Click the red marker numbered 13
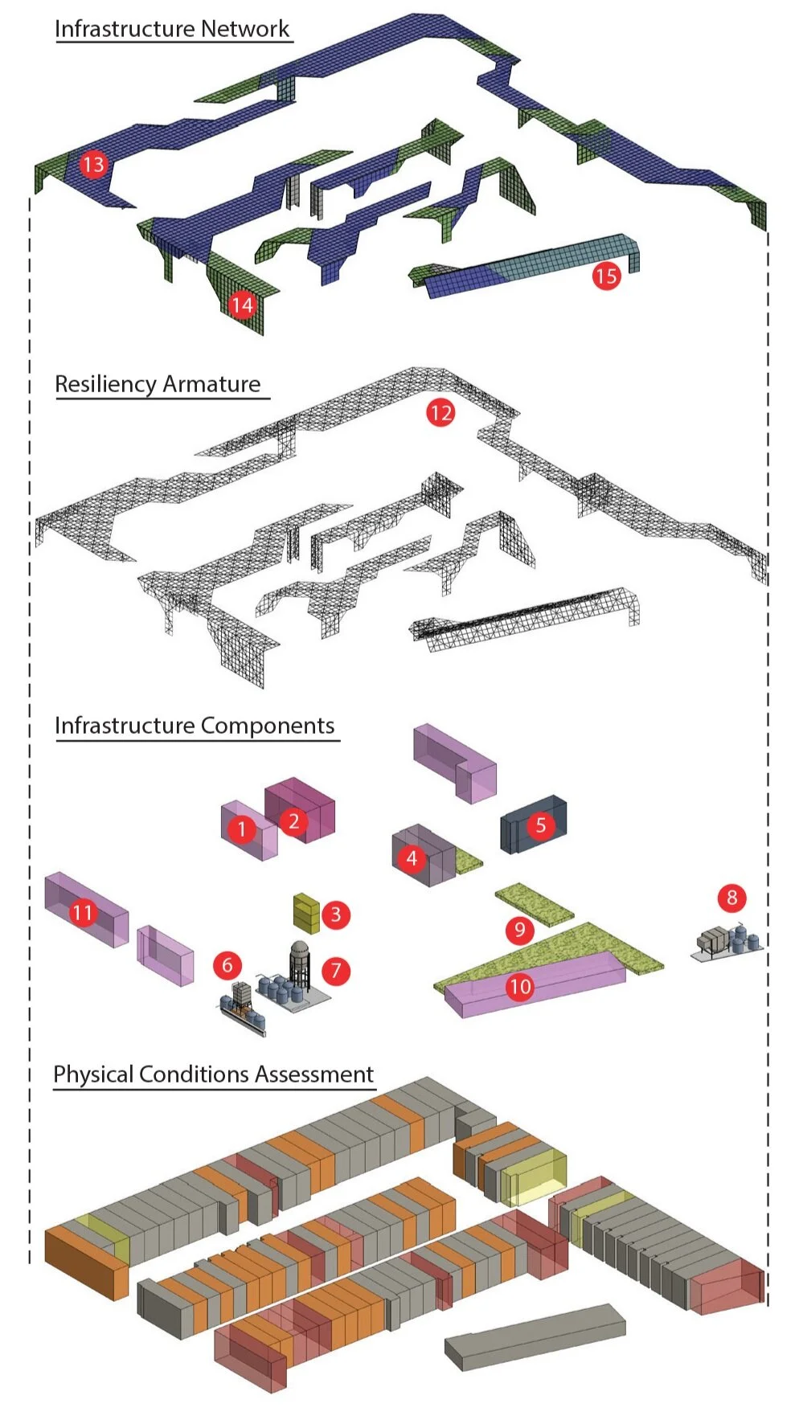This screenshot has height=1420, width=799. [93, 165]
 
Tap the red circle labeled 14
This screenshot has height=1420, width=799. [242, 305]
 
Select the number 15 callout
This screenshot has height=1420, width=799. [606, 276]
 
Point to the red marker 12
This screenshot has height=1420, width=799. [440, 413]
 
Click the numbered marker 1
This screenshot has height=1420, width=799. [242, 829]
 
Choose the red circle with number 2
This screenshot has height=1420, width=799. [294, 821]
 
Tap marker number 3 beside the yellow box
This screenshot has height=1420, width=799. [336, 914]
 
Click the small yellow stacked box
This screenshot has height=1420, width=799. [306, 913]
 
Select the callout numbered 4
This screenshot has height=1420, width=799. [412, 858]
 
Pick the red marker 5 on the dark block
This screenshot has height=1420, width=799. [541, 825]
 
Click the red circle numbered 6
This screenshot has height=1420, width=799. [227, 965]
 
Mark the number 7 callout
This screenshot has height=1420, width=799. [336, 970]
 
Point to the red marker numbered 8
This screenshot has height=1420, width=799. [731, 898]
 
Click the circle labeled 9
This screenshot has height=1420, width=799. [520, 931]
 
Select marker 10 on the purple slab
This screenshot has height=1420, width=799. [520, 986]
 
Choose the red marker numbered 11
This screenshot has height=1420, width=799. [82, 913]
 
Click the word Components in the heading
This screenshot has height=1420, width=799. [268, 726]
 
